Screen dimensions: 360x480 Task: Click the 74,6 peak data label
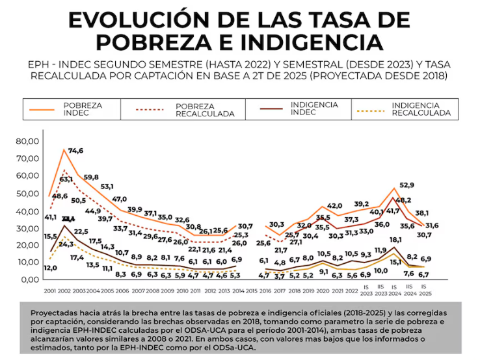coord(76,151)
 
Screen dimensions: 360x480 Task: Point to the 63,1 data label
coord(66,179)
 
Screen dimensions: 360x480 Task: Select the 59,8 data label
coord(91,177)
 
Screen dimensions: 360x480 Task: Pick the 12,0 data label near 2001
coord(51,268)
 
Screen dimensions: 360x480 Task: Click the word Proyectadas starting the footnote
coord(55,313)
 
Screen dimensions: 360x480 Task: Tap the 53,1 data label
coord(107,187)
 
